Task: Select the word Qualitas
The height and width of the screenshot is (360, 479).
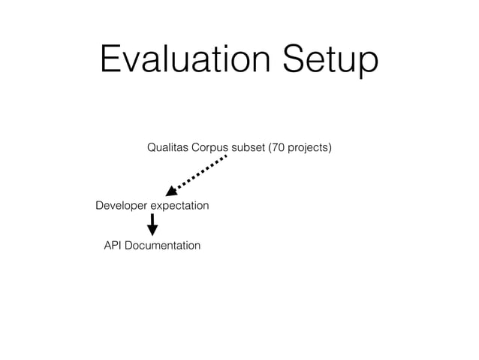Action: (167, 147)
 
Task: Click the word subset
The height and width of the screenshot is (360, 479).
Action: (249, 147)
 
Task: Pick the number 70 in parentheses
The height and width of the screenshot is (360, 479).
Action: (278, 147)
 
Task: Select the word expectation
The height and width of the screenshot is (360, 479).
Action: (180, 205)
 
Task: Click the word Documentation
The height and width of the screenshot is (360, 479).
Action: (163, 245)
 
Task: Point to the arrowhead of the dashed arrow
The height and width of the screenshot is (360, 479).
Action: (171, 189)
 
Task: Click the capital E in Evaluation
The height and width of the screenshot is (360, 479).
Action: (110, 60)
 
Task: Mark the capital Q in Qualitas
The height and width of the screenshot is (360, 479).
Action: (152, 147)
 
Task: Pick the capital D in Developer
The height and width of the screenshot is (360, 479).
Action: (100, 205)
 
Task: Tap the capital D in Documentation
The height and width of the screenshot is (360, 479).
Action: (130, 245)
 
